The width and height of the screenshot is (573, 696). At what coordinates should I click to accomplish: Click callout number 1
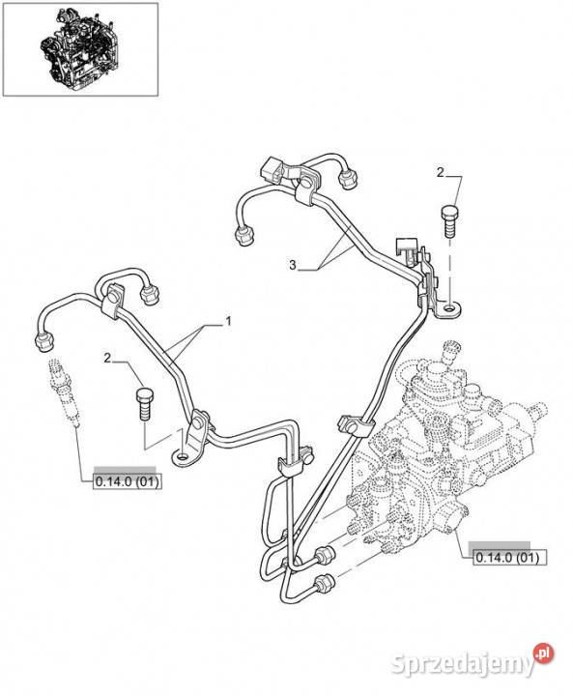tap(229, 321)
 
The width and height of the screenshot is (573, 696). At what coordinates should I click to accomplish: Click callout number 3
tap(293, 266)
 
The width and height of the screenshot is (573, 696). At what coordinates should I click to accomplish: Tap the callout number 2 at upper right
tap(440, 172)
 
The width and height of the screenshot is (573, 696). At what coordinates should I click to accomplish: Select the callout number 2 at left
tap(107, 358)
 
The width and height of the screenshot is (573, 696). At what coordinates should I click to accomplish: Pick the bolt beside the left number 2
tap(145, 404)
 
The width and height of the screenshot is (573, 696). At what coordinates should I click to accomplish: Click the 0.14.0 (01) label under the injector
tap(128, 481)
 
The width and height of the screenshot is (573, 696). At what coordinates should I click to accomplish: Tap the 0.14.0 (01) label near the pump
tap(506, 557)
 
